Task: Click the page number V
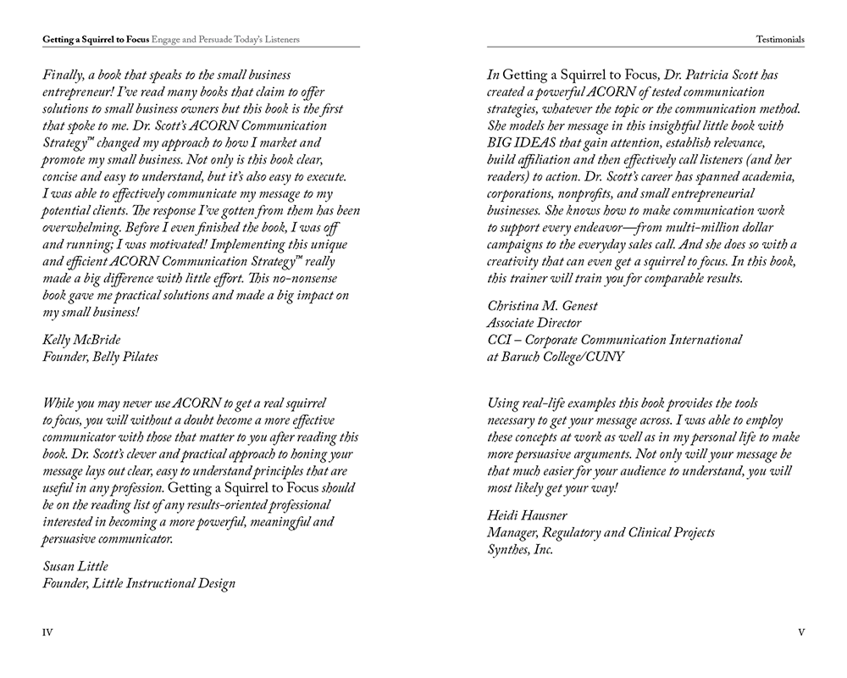pos(800,632)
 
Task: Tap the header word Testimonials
pos(781,39)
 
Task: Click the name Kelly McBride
pos(81,340)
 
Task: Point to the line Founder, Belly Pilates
pos(100,357)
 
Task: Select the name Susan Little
pos(75,566)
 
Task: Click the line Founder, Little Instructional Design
pos(139,583)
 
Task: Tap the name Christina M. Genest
pos(542,306)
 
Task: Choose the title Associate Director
pos(534,323)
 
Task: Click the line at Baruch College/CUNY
pos(555,357)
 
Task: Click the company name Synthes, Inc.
pos(520,549)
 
